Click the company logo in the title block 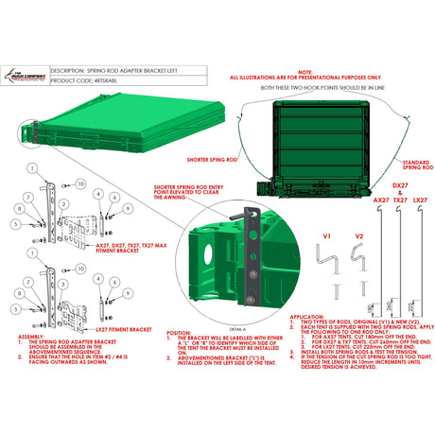pyautogui.click(x=25, y=77)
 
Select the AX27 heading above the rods pyautogui.click(x=380, y=200)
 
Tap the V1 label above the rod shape pyautogui.click(x=328, y=234)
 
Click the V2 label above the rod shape pyautogui.click(x=357, y=234)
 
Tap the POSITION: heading pyautogui.click(x=179, y=332)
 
